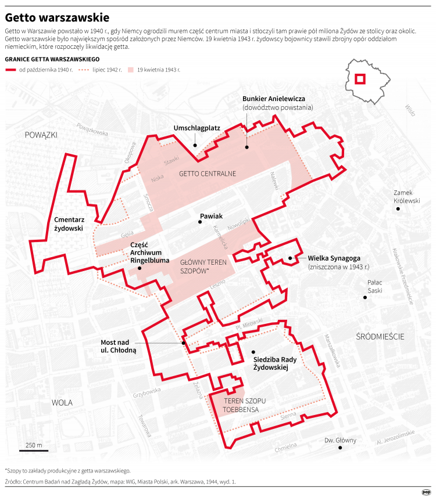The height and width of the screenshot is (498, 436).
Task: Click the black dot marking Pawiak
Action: pos(198,223)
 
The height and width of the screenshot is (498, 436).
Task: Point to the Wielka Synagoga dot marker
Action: pos(290,258)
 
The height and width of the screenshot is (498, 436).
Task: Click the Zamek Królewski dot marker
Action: pos(398,209)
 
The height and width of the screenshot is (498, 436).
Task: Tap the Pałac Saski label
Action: pos(375,287)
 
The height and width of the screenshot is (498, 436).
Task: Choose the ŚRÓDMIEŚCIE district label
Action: pos(380,336)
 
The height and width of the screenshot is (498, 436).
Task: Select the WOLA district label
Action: pos(62,402)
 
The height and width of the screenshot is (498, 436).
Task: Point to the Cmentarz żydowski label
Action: pos(69,224)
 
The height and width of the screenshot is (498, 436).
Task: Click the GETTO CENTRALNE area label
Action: pos(207,174)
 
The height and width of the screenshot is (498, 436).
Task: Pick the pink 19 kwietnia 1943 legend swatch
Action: pos(131,69)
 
